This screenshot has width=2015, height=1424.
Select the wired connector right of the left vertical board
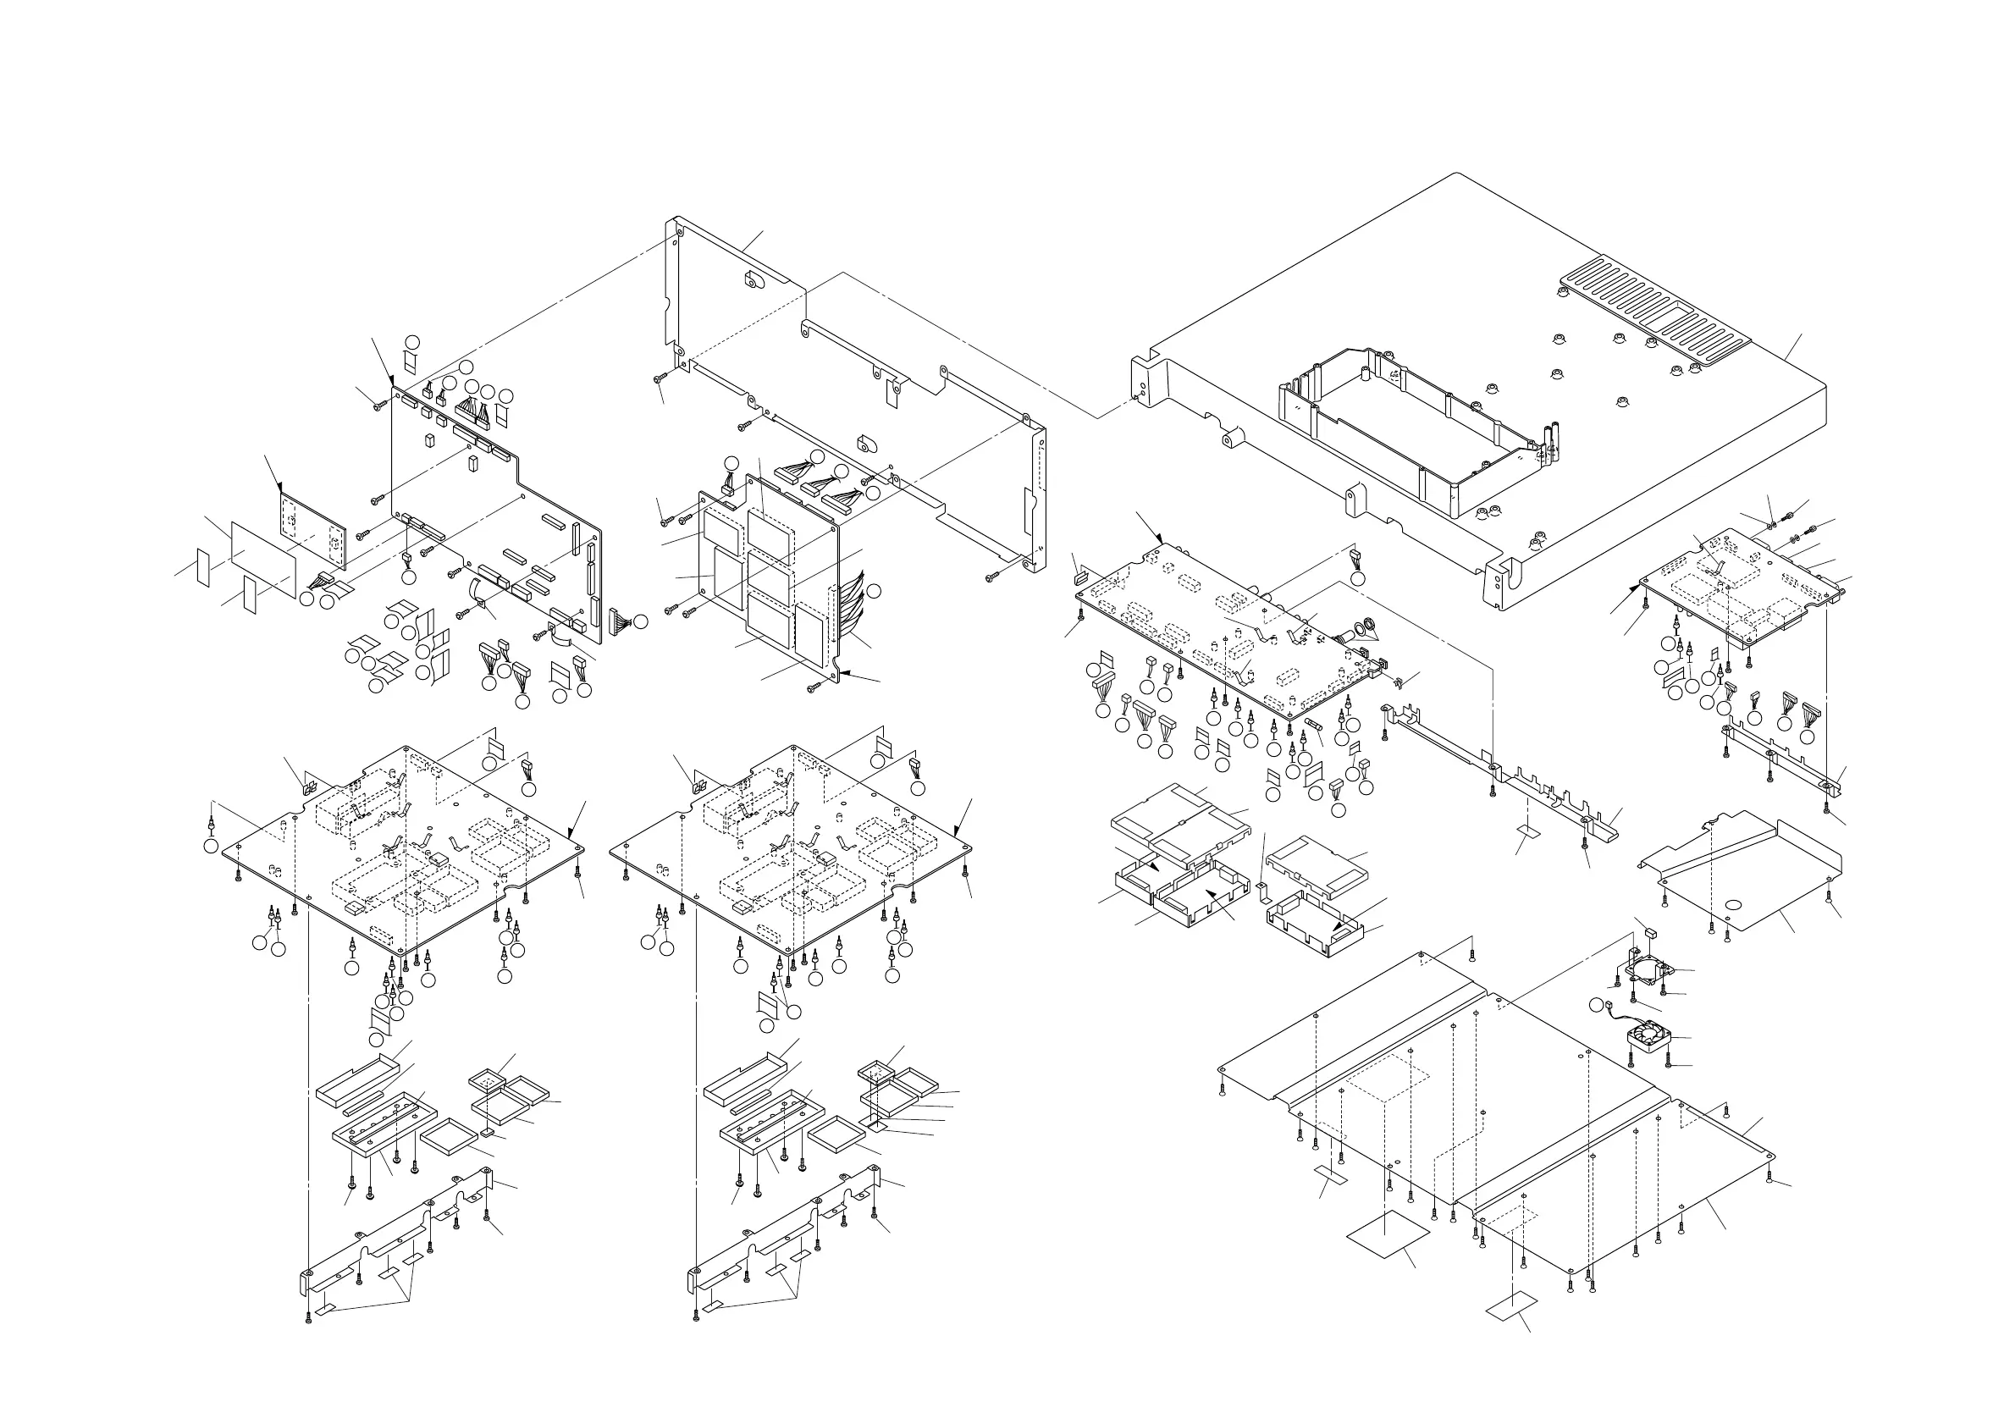(x=619, y=621)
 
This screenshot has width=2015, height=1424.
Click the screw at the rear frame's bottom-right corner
(x=990, y=577)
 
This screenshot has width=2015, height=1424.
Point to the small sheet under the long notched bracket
(x=1528, y=830)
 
